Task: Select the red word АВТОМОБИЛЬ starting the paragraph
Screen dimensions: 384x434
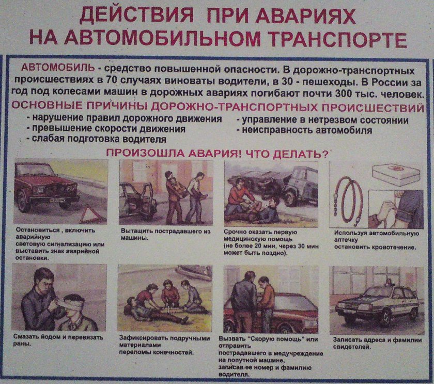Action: pos(58,69)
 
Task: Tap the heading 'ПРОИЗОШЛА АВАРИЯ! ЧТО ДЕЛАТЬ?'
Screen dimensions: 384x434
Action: pos(217,153)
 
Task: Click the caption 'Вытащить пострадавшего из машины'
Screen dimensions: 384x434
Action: pos(165,235)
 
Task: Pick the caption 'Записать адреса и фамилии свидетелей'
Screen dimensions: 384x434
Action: pos(377,343)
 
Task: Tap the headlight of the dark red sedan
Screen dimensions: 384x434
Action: pos(37,189)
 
